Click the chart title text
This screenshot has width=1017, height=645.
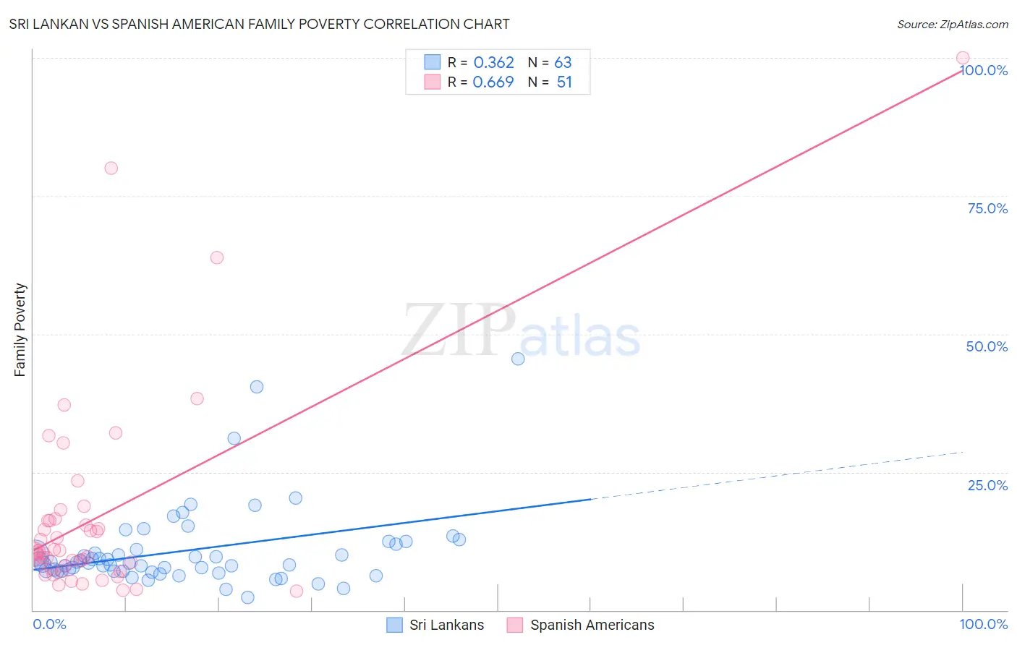coord(259,24)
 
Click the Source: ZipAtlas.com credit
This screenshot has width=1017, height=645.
coord(952,24)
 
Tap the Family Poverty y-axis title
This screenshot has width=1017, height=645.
coord(20,330)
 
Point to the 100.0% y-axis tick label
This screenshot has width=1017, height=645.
coord(984,70)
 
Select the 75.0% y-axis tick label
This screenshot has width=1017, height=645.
coord(987,208)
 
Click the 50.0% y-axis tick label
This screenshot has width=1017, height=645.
coord(987,346)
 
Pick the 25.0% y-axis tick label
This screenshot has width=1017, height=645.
coord(987,484)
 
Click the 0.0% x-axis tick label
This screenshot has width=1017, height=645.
coord(49,624)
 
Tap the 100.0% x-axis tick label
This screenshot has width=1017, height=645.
coord(984,624)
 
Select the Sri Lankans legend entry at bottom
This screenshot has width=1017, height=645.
coord(435,625)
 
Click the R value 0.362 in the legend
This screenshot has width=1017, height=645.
coord(493,62)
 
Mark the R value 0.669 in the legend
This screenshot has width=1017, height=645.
coord(493,82)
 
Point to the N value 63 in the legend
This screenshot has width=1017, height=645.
coord(563,62)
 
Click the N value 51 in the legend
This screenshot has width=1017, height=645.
coord(564,82)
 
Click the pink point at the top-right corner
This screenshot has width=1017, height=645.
coord(963,58)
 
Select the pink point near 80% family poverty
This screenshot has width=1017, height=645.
coord(111,168)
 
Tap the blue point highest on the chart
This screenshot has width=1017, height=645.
coord(518,359)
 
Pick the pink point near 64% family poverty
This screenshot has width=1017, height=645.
coord(217,257)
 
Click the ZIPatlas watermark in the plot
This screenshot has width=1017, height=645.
coord(521,330)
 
